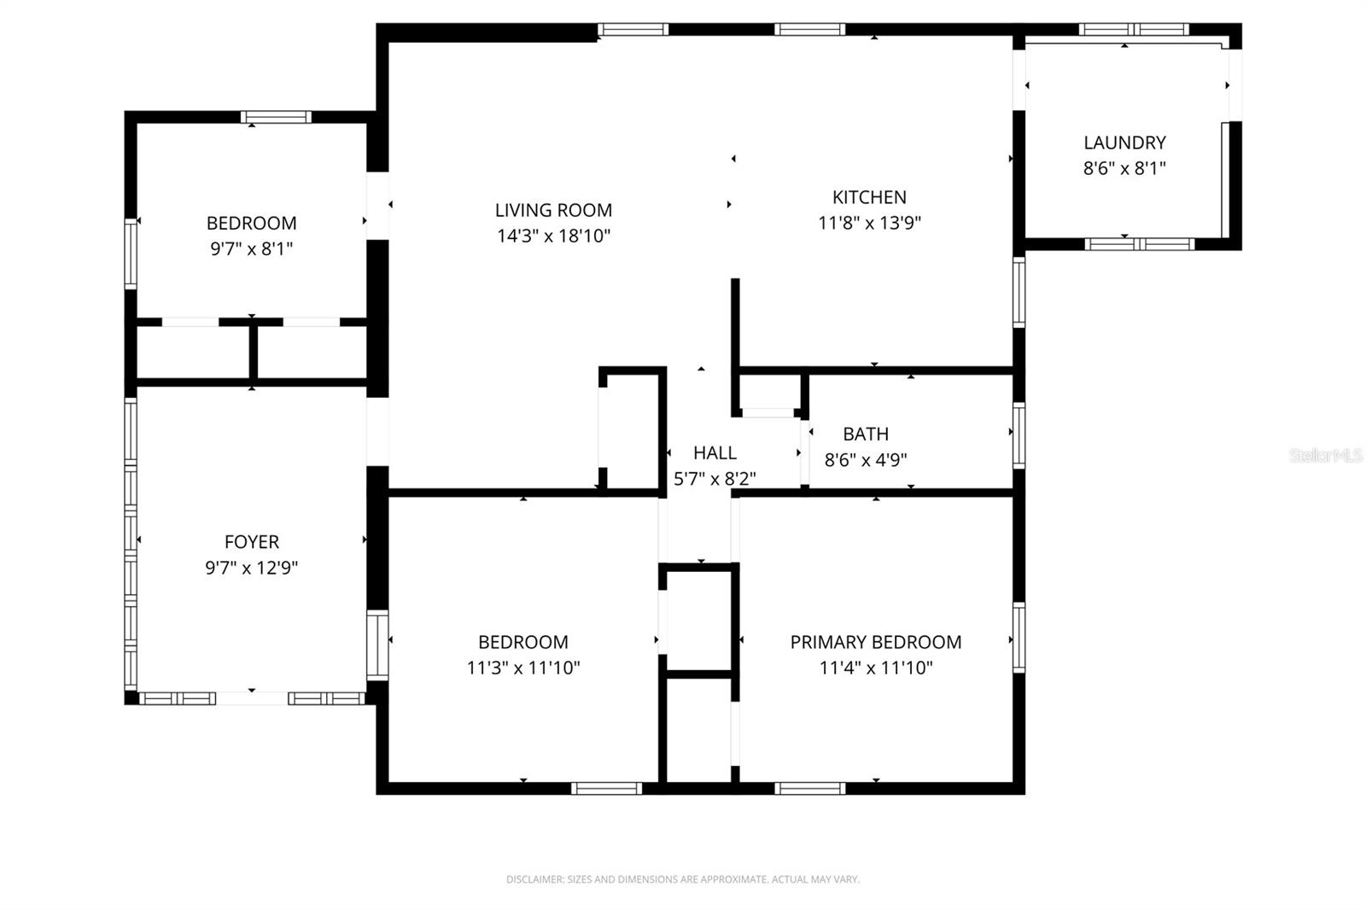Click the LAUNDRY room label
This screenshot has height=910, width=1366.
click(x=1124, y=143)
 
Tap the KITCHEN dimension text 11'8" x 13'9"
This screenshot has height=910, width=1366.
click(x=869, y=224)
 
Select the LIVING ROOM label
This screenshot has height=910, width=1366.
click(x=553, y=210)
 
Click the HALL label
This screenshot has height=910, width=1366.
click(x=715, y=453)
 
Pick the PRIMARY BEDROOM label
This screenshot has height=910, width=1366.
click(x=875, y=642)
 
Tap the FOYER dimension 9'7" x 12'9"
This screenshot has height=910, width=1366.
click(x=251, y=568)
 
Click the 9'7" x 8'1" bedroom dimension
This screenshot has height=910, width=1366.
click(x=251, y=249)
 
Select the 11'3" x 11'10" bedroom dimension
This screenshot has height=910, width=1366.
click(x=522, y=668)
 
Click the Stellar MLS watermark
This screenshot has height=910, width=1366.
click(x=1326, y=456)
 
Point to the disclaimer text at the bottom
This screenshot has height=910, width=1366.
click(x=682, y=879)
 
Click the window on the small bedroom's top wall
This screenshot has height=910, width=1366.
click(x=275, y=118)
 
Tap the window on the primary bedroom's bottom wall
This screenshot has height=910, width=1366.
click(x=810, y=788)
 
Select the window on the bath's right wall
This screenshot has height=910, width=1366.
click(x=1019, y=435)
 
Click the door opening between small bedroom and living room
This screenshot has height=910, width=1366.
click(x=377, y=206)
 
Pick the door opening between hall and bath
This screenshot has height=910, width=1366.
click(x=804, y=453)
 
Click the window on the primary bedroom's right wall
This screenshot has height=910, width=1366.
click(x=1019, y=637)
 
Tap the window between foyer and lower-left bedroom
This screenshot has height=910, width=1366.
click(x=377, y=644)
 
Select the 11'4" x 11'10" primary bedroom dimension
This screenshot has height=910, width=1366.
click(x=875, y=668)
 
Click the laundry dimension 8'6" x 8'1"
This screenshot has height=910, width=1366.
click(x=1124, y=168)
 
